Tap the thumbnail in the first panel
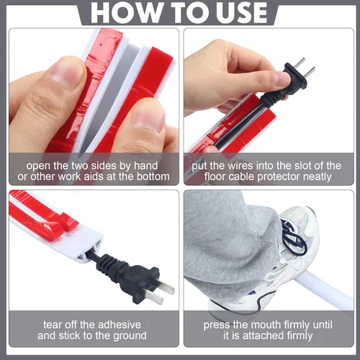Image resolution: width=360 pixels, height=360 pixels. (66, 73)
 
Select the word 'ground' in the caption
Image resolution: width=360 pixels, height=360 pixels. (130, 336)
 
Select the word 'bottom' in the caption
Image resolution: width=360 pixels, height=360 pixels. (153, 176)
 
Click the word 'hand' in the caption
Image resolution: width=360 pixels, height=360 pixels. (145, 166)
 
